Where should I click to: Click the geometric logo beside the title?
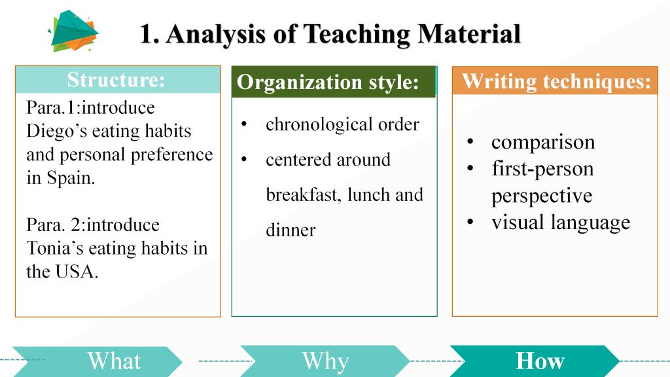[73, 31]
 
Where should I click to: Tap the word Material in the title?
[469, 34]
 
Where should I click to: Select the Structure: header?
[116, 79]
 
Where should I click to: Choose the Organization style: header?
[328, 82]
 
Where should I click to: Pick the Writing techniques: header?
[556, 81]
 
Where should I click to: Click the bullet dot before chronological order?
[244, 124]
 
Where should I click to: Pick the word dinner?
[291, 230]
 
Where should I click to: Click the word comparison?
[543, 142]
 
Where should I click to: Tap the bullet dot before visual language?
[470, 222]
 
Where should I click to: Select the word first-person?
[542, 169]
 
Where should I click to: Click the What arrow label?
[114, 361]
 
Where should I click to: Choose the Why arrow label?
[326, 361]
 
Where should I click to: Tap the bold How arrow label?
[540, 361]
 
